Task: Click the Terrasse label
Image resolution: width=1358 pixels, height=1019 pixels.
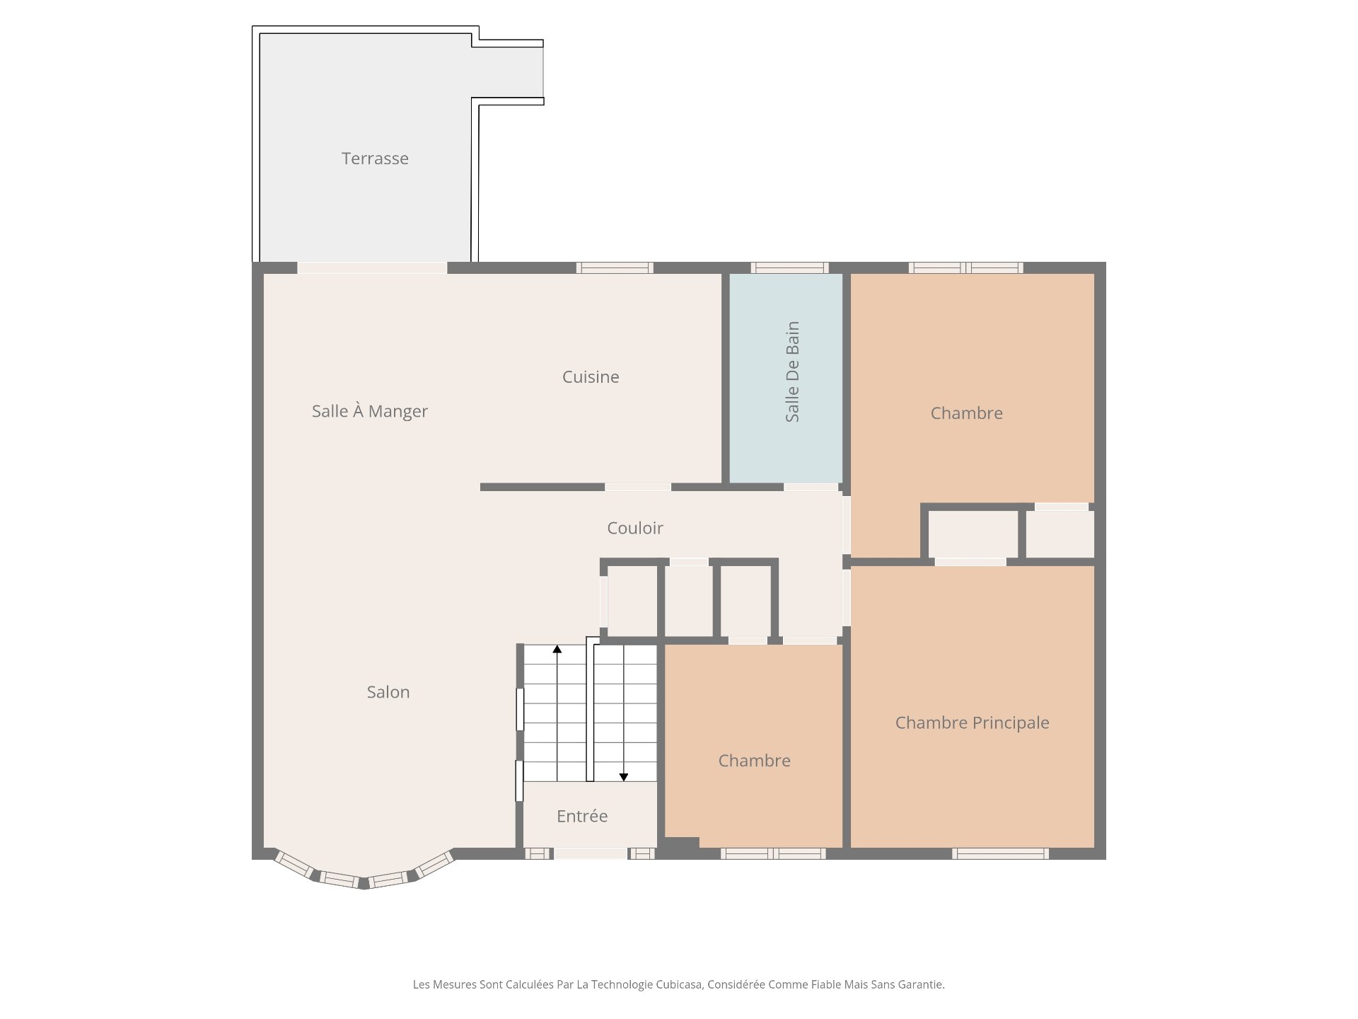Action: (x=375, y=159)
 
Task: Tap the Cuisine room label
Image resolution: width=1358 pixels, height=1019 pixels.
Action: (x=591, y=377)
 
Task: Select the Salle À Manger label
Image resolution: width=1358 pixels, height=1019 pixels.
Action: (x=370, y=410)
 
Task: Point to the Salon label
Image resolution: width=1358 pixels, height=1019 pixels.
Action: (x=388, y=692)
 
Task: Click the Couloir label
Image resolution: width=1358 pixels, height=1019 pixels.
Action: (x=635, y=528)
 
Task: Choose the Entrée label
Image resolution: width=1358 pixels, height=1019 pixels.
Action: (x=582, y=816)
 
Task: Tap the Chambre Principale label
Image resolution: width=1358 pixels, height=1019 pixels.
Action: (x=973, y=722)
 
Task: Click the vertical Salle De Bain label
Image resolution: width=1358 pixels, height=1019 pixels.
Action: (x=793, y=372)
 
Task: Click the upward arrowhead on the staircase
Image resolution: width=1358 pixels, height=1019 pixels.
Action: (x=557, y=649)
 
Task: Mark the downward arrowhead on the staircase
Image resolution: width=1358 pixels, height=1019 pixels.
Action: (x=624, y=777)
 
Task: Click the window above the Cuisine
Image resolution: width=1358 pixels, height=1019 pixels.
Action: (x=615, y=267)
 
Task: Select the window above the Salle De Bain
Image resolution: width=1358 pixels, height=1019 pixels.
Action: (x=789, y=267)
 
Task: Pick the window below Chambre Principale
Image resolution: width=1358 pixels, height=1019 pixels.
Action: (x=1000, y=853)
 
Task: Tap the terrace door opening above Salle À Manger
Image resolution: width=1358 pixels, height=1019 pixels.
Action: (x=372, y=267)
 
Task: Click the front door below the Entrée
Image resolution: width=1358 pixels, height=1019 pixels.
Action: (x=591, y=853)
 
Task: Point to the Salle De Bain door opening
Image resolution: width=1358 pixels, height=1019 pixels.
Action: (x=811, y=487)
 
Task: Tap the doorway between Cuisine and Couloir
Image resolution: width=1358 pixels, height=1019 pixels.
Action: (x=638, y=487)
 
